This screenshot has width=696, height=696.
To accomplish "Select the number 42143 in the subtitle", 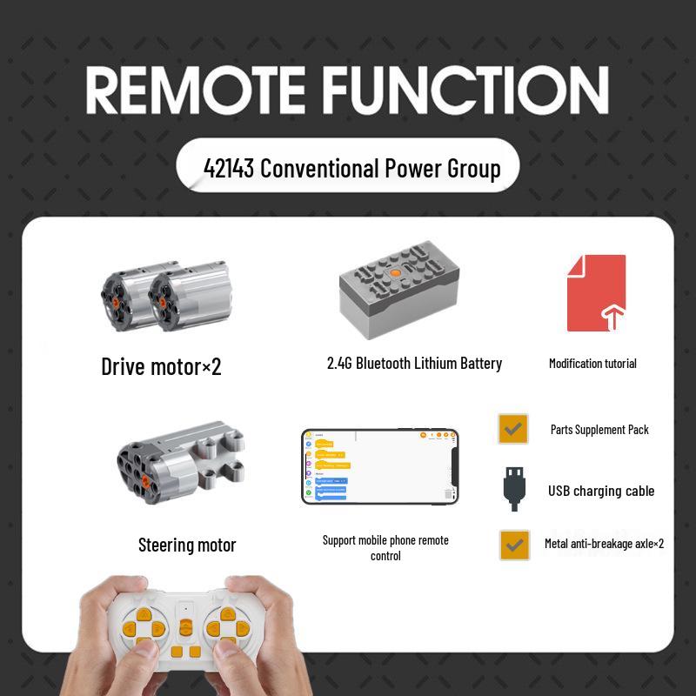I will click(x=229, y=167).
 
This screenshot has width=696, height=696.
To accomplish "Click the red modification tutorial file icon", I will click(x=596, y=293).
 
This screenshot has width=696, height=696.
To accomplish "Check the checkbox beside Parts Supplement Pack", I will click(x=513, y=429).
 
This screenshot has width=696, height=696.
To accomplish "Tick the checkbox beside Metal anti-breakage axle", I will click(x=514, y=545).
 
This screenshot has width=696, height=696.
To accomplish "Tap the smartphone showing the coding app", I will click(x=380, y=466).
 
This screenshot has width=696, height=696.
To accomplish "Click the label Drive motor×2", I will click(x=161, y=366).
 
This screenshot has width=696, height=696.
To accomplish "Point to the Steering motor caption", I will click(x=187, y=545).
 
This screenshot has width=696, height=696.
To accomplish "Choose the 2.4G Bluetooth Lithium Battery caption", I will click(x=414, y=364).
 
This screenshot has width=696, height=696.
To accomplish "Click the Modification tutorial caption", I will click(x=592, y=364).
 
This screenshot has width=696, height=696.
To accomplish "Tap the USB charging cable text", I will click(x=601, y=491).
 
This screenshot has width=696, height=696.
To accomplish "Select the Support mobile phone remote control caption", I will click(x=385, y=547).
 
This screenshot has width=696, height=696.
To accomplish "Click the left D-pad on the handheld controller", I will click(x=142, y=627).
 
